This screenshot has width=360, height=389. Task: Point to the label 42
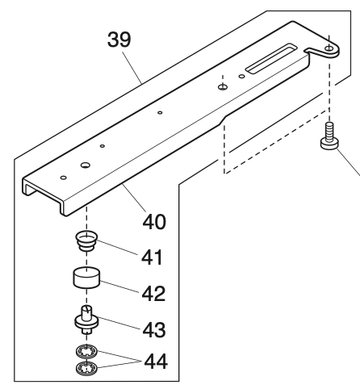(150, 292)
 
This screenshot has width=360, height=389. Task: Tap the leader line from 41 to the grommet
(117, 249)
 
